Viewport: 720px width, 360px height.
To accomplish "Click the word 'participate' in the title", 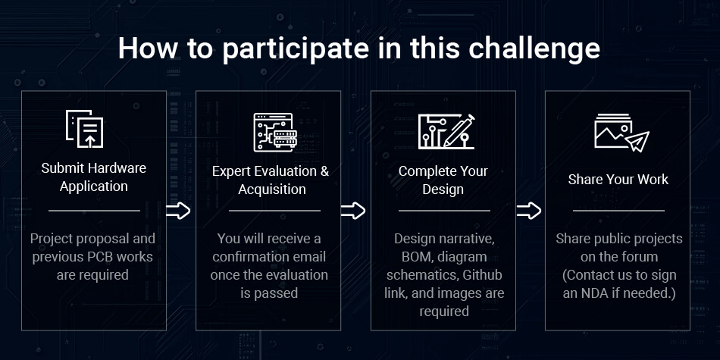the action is coord(296,49).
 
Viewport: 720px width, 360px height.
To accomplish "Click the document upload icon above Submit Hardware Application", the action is coord(84,129).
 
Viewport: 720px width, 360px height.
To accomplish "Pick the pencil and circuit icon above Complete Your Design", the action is coord(446,132).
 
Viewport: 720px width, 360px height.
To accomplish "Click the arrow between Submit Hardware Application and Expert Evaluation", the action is coord(178,211).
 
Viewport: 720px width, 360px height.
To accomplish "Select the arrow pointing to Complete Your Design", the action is coord(353,211).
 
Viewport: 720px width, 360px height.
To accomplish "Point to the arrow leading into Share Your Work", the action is coord(529,211).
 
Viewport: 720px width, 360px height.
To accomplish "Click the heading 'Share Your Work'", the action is coord(618,179).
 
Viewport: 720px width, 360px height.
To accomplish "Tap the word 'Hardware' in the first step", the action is coord(117,168).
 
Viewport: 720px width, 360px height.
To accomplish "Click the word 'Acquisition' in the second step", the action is coord(272,189).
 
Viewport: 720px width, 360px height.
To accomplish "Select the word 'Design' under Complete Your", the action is coord(443,189).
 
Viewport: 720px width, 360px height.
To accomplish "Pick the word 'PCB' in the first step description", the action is coord(100,257).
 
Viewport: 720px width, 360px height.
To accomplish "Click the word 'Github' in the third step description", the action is coord(482,275).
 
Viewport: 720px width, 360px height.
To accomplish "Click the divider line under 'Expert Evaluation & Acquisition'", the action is coord(274,211).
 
